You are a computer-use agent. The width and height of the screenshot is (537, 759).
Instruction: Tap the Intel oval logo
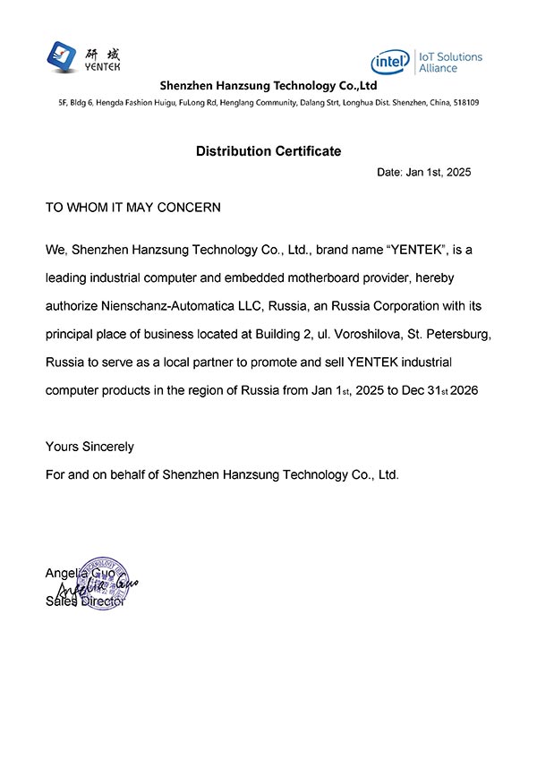point(390,62)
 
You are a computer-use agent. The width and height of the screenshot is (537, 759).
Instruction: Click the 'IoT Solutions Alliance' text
point(450,62)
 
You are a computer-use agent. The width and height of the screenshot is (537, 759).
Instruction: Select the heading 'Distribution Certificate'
point(268,151)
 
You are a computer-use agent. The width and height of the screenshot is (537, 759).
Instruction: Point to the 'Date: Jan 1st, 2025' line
point(423,172)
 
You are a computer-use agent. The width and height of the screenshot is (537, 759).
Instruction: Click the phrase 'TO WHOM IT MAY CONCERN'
point(132,207)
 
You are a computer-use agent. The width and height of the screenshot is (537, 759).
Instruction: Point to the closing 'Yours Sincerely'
point(89,446)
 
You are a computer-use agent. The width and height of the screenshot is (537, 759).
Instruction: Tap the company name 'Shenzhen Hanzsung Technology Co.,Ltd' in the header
point(268,86)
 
